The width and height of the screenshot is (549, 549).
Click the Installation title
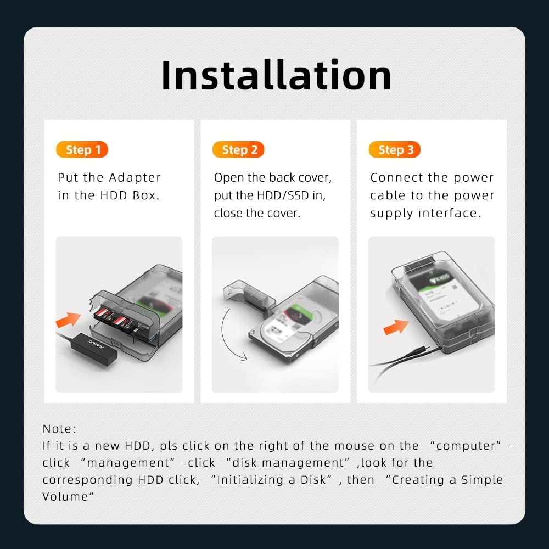pos(276,75)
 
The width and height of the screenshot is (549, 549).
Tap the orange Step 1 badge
pos(82,149)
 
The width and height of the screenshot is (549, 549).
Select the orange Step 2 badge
pos(238,149)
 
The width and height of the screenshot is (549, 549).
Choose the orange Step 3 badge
pos(395,149)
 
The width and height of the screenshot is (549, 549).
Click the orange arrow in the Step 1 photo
pos(68,320)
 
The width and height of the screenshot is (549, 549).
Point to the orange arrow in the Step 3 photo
pos(396,327)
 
